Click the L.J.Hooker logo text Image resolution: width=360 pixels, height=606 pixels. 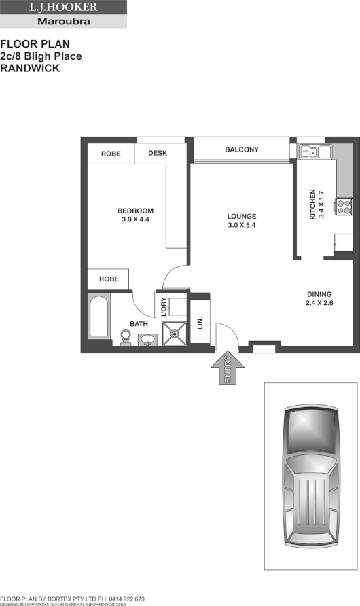pyautogui.click(x=63, y=7)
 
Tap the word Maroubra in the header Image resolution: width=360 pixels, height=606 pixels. pyautogui.click(x=63, y=21)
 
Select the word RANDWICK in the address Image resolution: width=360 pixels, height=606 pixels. pyautogui.click(x=30, y=68)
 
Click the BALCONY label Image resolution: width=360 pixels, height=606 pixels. pyautogui.click(x=242, y=149)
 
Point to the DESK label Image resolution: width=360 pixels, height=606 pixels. pyautogui.click(x=158, y=154)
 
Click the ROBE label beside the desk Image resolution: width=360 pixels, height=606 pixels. pyautogui.click(x=111, y=154)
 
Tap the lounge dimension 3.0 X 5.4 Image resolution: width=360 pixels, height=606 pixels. pyautogui.click(x=242, y=225)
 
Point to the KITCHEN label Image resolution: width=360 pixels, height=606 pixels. pyautogui.click(x=313, y=204)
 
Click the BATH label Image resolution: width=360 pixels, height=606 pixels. pyautogui.click(x=139, y=324)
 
